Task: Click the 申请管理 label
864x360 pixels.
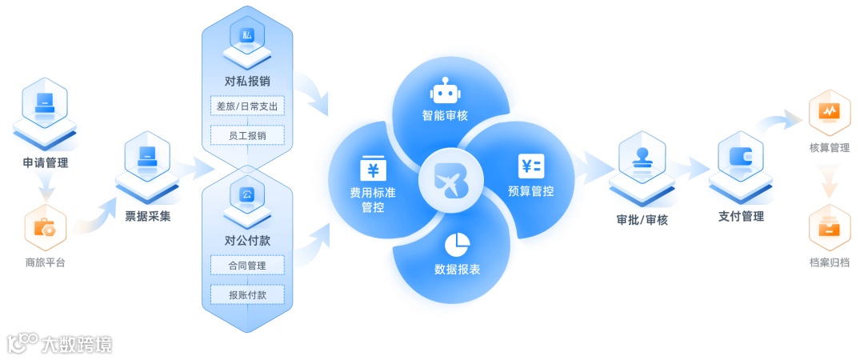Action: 46,163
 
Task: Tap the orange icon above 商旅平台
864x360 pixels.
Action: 44,227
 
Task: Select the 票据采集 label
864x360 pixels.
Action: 147,215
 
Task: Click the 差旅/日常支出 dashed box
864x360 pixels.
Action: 246,106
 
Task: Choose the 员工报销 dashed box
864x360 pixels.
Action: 246,135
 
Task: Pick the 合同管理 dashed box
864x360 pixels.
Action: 246,265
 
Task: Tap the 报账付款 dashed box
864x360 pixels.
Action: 246,294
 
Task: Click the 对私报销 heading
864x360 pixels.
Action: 246,81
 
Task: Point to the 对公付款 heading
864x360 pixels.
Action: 246,239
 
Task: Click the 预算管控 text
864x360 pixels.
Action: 530,191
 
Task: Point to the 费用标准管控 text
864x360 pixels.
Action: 373,199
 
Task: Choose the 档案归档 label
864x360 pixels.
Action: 830,262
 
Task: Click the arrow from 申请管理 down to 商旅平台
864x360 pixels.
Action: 46,189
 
